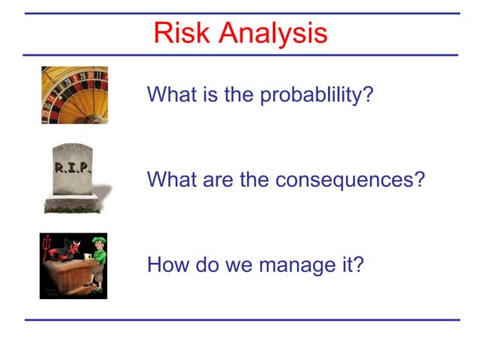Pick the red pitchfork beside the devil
(x=46, y=245)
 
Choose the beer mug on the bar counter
(x=86, y=258)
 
